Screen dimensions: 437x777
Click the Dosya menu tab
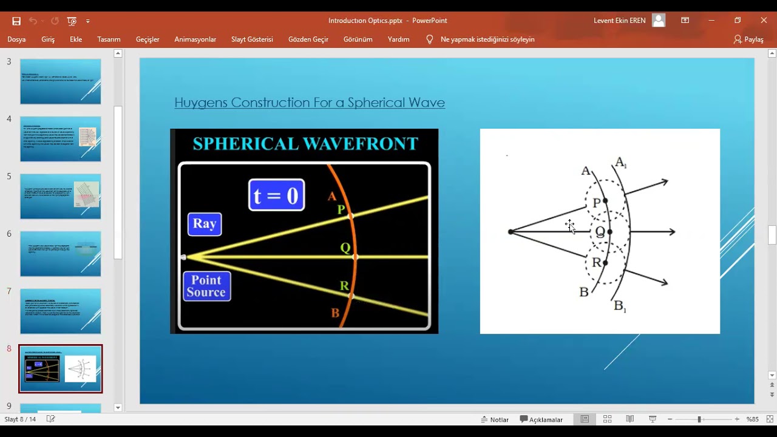pyautogui.click(x=16, y=39)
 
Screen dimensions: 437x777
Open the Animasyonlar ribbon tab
pyautogui.click(x=195, y=39)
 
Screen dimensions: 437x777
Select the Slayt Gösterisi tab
pyautogui.click(x=252, y=39)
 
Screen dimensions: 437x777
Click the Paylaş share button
pyautogui.click(x=748, y=39)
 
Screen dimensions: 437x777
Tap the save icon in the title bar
pyautogui.click(x=16, y=21)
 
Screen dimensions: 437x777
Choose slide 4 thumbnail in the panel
pyautogui.click(x=61, y=139)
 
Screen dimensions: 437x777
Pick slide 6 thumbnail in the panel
pyautogui.click(x=61, y=254)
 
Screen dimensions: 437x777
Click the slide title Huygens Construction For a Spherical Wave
pyautogui.click(x=310, y=103)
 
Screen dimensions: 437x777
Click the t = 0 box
pyautogui.click(x=276, y=195)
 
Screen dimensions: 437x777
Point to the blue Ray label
pyautogui.click(x=205, y=224)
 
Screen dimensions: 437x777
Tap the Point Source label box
pyautogui.click(x=206, y=286)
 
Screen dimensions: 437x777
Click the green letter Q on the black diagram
pyautogui.click(x=345, y=248)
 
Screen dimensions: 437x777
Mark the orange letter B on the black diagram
pyautogui.click(x=335, y=313)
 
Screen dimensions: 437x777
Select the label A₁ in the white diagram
pyautogui.click(x=620, y=162)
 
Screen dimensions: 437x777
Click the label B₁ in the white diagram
pyautogui.click(x=620, y=306)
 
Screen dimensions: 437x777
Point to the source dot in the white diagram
pyautogui.click(x=511, y=232)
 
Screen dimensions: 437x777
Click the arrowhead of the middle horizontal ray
pyautogui.click(x=671, y=232)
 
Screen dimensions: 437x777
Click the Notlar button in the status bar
pyautogui.click(x=495, y=419)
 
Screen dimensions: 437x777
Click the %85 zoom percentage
pyautogui.click(x=753, y=419)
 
